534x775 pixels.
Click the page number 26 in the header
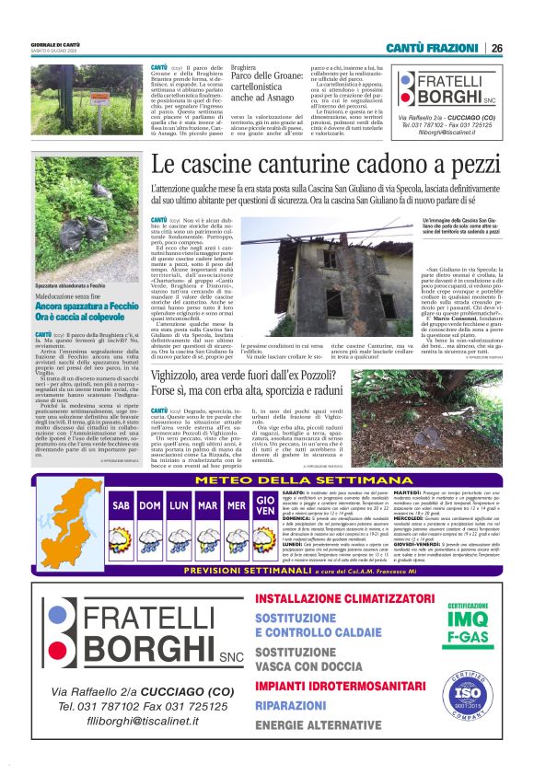tap(496, 48)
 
